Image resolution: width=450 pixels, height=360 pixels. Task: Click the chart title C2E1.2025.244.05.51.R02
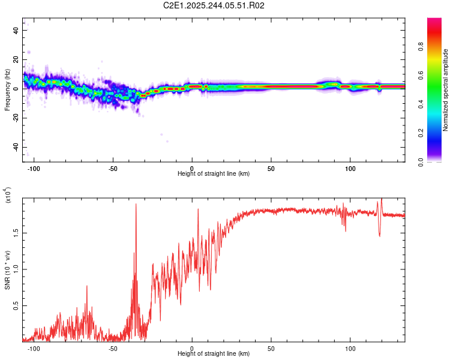click(214, 5)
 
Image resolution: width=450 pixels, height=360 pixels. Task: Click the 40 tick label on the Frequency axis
click(16, 30)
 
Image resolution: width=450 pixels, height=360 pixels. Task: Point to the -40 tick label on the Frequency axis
click(16, 147)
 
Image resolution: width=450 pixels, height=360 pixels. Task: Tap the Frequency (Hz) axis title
click(7, 90)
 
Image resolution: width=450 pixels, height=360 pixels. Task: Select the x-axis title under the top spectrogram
click(214, 173)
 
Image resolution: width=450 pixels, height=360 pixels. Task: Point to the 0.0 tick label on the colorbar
click(437, 161)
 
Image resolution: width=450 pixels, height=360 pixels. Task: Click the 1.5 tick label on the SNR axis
click(16, 232)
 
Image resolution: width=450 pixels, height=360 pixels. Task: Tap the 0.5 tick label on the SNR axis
click(16, 305)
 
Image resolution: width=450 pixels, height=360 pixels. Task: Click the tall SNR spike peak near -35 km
click(136, 204)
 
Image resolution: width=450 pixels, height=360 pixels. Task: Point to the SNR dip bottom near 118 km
click(379, 236)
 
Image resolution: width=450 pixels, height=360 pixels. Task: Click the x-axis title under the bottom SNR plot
click(214, 353)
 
